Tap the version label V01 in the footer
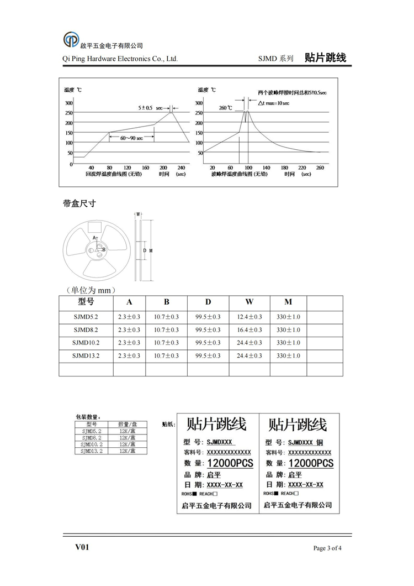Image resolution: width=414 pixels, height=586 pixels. click(82, 548)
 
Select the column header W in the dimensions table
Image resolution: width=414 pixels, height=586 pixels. click(250, 302)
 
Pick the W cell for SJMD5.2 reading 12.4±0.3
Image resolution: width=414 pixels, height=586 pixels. click(250, 317)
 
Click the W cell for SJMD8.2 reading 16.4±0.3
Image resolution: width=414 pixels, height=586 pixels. click(250, 330)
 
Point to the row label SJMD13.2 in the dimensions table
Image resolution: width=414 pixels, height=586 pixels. click(86, 355)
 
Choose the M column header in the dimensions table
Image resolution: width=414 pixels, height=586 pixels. click(288, 302)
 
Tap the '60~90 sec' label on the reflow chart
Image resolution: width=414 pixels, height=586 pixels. click(131, 138)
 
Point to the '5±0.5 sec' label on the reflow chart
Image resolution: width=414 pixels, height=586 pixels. click(151, 107)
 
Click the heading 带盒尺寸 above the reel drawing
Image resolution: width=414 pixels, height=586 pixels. click(80, 203)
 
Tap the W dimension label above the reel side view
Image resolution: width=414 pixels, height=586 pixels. click(138, 214)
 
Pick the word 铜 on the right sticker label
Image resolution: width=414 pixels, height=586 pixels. click(320, 442)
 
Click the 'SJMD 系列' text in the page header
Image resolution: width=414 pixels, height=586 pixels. click(275, 58)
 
